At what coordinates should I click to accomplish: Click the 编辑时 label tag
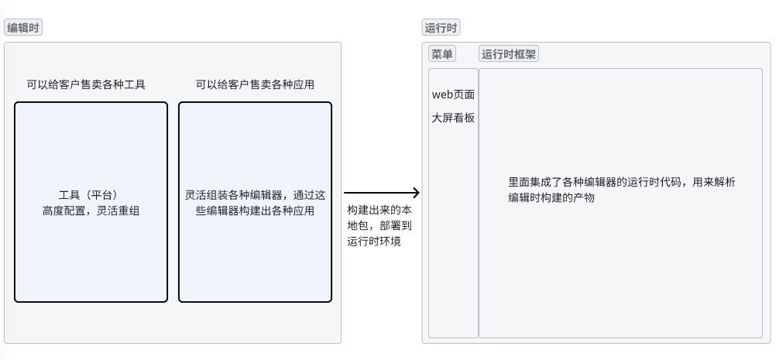(23, 28)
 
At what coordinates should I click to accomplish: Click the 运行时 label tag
(441, 28)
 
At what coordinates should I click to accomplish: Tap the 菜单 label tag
(442, 54)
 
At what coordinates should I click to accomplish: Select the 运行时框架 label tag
(509, 54)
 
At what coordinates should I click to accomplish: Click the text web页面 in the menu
(453, 94)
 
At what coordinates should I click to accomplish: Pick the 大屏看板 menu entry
(453, 118)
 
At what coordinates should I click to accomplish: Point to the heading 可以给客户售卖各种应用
(255, 84)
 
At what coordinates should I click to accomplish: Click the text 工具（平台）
(91, 194)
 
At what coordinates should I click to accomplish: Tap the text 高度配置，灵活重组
(91, 210)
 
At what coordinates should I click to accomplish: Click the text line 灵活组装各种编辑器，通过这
(255, 194)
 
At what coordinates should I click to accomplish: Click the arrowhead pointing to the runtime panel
(415, 193)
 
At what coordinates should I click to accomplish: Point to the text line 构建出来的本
(379, 211)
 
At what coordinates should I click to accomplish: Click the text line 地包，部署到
(379, 226)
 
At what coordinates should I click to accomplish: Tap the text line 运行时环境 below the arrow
(374, 242)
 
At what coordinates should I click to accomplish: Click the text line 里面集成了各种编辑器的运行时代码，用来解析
(621, 182)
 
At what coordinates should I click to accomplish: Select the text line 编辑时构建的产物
(551, 197)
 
